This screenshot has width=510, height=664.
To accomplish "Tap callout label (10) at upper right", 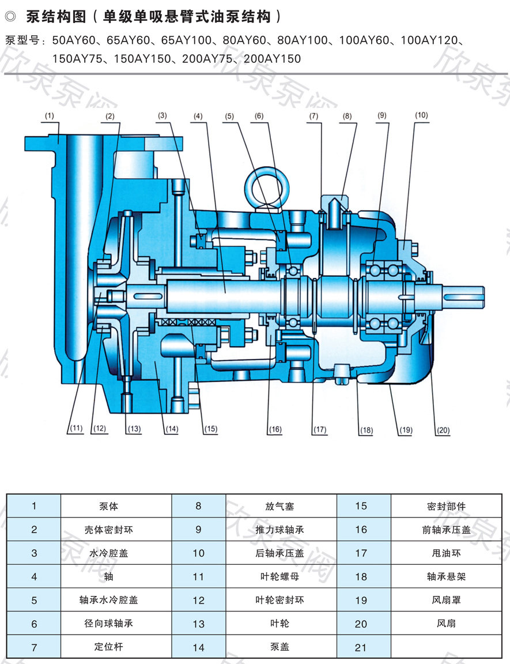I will tap(421, 115).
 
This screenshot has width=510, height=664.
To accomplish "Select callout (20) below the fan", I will tap(443, 430).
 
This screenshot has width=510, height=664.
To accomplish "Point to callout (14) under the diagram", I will tap(171, 429).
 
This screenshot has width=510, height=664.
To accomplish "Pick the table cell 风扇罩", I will tap(446, 600).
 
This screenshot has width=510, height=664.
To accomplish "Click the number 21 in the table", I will tap(361, 647).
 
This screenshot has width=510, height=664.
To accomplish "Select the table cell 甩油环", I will tap(446, 553).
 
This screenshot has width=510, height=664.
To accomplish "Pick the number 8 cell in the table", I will tap(198, 507).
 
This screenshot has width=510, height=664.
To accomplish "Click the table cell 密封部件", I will tap(446, 507).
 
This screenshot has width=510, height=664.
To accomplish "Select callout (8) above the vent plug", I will tap(346, 115).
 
